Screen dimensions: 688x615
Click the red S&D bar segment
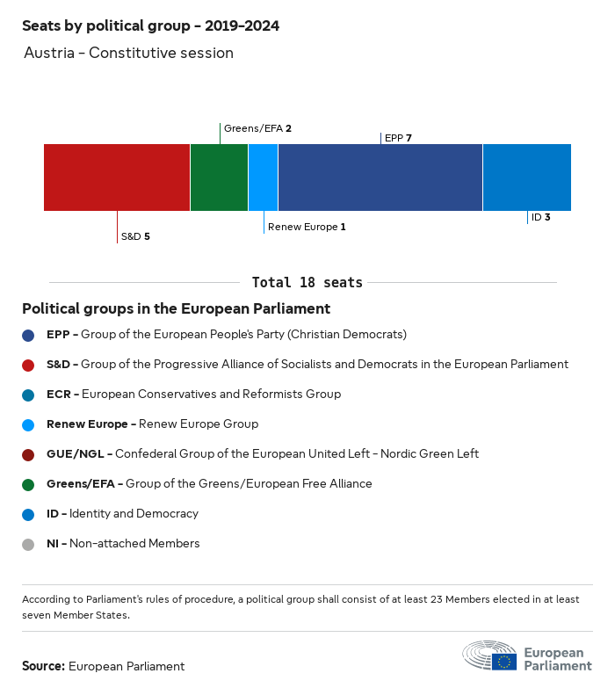click(117, 177)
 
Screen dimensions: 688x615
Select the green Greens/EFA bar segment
click(219, 177)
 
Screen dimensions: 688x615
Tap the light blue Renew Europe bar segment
click(263, 177)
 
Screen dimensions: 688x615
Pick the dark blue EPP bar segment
click(380, 177)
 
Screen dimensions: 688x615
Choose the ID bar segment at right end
click(526, 177)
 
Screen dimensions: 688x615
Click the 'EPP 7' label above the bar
click(398, 138)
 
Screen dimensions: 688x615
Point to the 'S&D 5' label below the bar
click(135, 236)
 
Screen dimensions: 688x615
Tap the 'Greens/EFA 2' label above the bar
click(257, 128)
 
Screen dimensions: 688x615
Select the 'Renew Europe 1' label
click(307, 227)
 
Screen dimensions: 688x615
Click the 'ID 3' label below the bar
click(540, 216)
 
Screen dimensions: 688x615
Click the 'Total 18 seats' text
click(307, 282)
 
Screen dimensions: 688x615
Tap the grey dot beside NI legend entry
click(28, 544)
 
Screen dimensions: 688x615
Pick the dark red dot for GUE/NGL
click(28, 454)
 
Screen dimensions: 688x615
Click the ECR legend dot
click(28, 395)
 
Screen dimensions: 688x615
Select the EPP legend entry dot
click(28, 335)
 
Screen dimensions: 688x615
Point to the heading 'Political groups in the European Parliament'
click(176, 308)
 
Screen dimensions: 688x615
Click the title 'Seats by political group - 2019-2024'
click(150, 25)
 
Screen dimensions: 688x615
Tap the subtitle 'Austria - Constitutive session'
click(128, 53)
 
